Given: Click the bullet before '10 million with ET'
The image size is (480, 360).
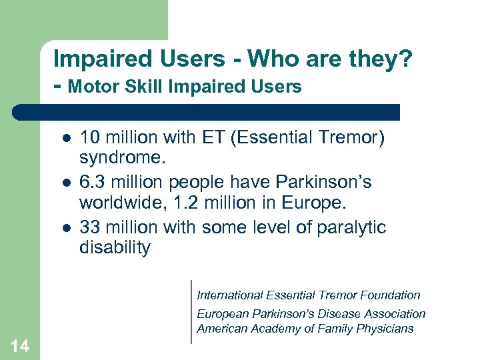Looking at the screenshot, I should point(66,139).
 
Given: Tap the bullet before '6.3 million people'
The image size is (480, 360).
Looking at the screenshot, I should point(66,183).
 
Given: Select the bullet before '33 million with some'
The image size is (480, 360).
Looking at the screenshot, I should point(66,227).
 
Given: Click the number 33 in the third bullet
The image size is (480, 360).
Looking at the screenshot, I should point(89,227).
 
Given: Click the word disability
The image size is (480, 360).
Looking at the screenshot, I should point(115,248).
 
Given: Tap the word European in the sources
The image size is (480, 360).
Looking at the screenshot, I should point(221,313).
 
